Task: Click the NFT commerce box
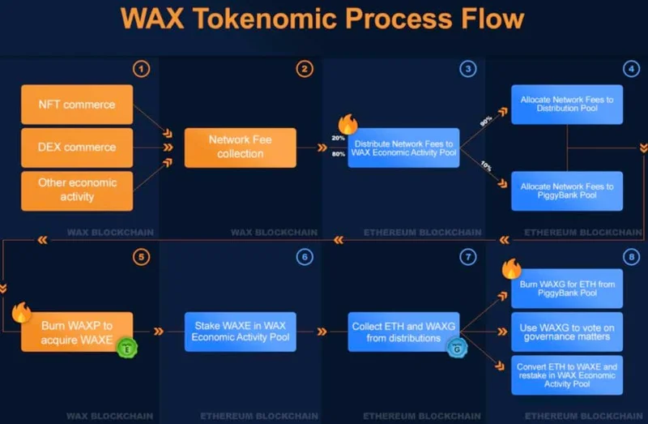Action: click(77, 105)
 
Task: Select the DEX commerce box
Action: click(77, 148)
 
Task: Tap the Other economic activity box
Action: click(77, 190)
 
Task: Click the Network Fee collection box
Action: click(240, 147)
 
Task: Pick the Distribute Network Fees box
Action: click(403, 148)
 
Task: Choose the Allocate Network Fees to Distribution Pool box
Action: click(567, 105)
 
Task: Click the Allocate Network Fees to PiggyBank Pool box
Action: click(567, 191)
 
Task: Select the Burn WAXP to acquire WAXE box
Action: click(77, 332)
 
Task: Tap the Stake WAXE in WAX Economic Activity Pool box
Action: click(240, 332)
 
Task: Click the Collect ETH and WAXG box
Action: click(403, 332)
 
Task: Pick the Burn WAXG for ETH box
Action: click(567, 288)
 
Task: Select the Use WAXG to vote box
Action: click(567, 332)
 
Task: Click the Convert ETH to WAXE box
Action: click(567, 375)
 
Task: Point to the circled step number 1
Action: click(142, 69)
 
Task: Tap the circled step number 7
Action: click(468, 257)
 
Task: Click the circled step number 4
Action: click(631, 69)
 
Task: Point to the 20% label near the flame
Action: click(338, 139)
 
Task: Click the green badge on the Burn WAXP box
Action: click(126, 349)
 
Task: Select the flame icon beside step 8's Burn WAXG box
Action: click(511, 269)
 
